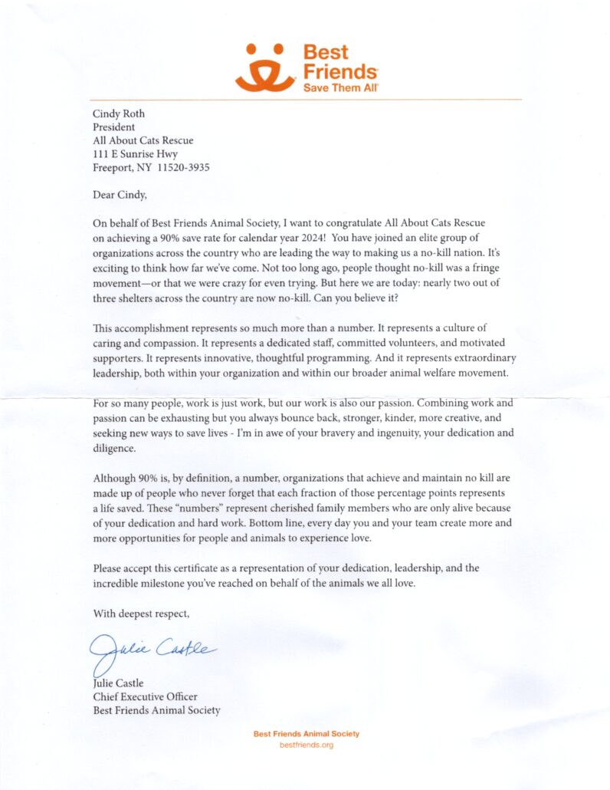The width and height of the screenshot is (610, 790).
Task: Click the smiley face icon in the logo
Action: (x=264, y=67)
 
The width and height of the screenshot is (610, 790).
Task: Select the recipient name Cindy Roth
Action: (x=119, y=114)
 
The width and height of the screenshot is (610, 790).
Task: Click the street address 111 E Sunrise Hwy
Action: (x=135, y=153)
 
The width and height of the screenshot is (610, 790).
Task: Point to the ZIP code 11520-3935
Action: (x=181, y=166)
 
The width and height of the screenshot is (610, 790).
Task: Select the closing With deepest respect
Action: (x=140, y=613)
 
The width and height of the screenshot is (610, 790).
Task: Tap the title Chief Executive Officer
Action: (x=145, y=696)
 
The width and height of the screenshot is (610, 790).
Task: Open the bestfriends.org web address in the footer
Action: (x=306, y=745)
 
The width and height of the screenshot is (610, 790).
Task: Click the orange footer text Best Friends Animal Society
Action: (x=306, y=734)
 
